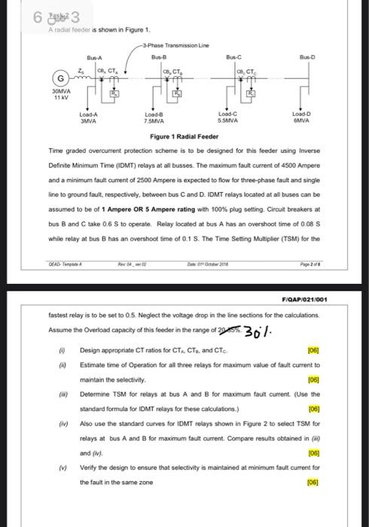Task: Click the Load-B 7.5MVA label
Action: click(x=155, y=117)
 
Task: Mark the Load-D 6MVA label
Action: click(x=300, y=117)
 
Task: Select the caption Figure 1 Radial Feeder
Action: click(x=184, y=137)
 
